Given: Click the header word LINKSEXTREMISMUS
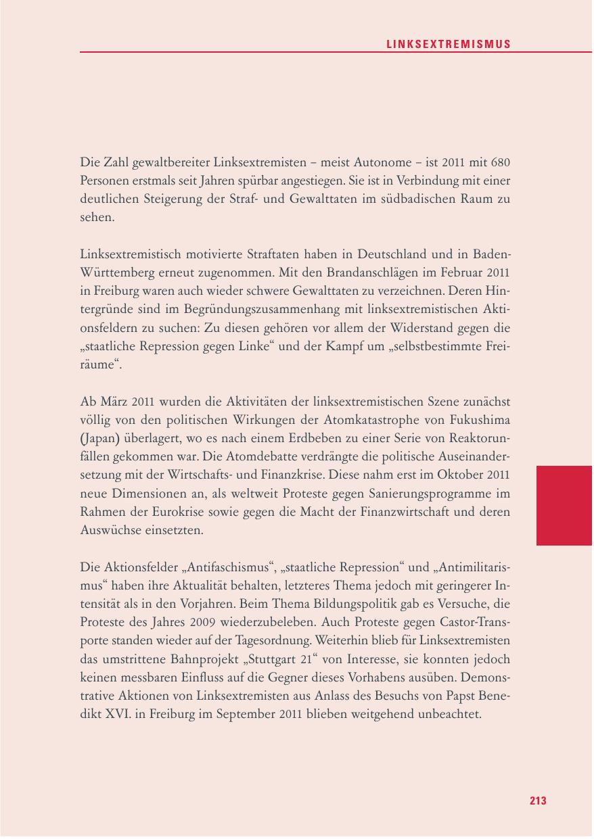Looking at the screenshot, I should (x=449, y=44).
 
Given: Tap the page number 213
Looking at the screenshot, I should (x=538, y=800).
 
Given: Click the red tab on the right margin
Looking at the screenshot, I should (x=564, y=505).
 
